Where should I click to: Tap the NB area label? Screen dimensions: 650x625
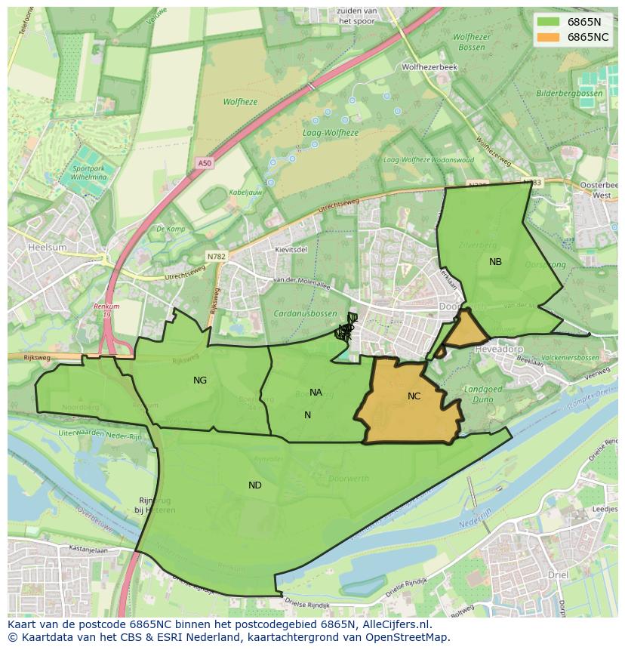pos(495,262)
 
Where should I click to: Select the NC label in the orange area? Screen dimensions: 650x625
pos(414,396)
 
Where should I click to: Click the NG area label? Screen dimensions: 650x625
pos(200,380)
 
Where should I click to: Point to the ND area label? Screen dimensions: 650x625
pos(255,485)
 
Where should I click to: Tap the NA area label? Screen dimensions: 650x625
pos(316,392)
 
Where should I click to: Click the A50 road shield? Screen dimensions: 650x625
pos(205,163)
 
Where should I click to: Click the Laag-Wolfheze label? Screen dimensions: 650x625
pos(330,133)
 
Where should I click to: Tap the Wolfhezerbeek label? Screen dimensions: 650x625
pos(429,67)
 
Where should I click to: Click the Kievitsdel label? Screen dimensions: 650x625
pos(291,249)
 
